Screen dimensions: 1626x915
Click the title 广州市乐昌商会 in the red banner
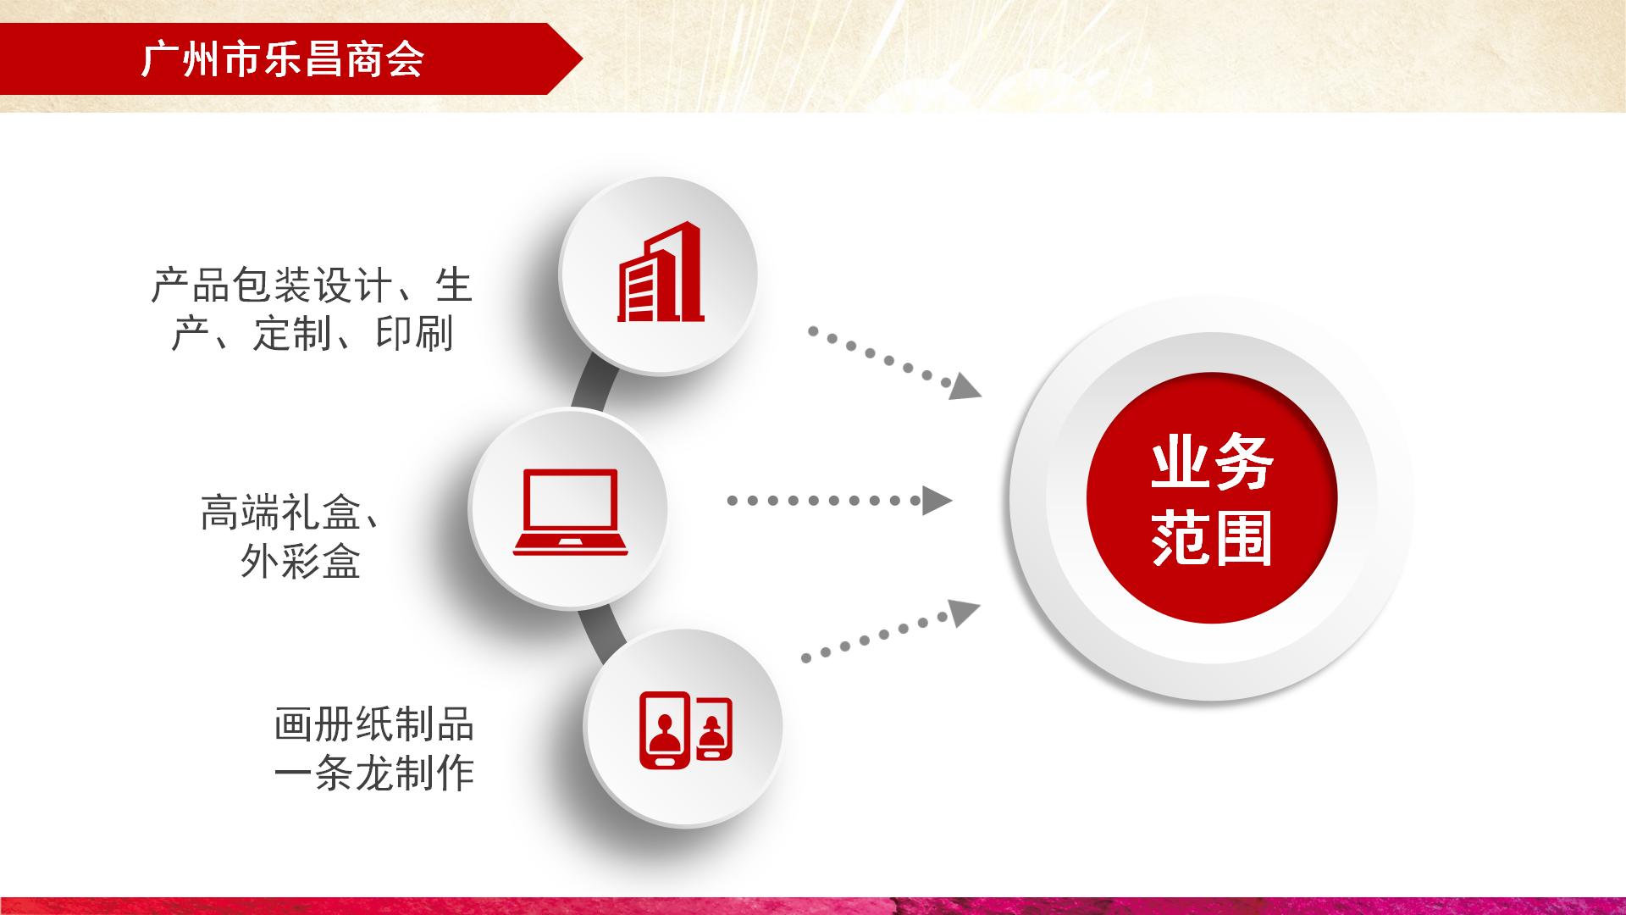(x=283, y=59)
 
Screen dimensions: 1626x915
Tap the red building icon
(x=661, y=273)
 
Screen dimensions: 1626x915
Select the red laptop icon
(x=570, y=513)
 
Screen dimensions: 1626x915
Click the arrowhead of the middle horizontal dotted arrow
(x=937, y=501)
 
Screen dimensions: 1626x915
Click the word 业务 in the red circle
(x=1212, y=463)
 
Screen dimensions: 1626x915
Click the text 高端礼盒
(x=281, y=513)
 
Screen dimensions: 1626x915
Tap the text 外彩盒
(x=301, y=561)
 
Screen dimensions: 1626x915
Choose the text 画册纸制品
(x=373, y=725)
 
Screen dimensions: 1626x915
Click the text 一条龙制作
(x=373, y=773)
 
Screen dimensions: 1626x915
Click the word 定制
(x=292, y=334)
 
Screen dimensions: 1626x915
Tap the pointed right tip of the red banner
(x=583, y=58)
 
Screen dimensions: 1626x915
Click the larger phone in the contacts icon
(x=666, y=730)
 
